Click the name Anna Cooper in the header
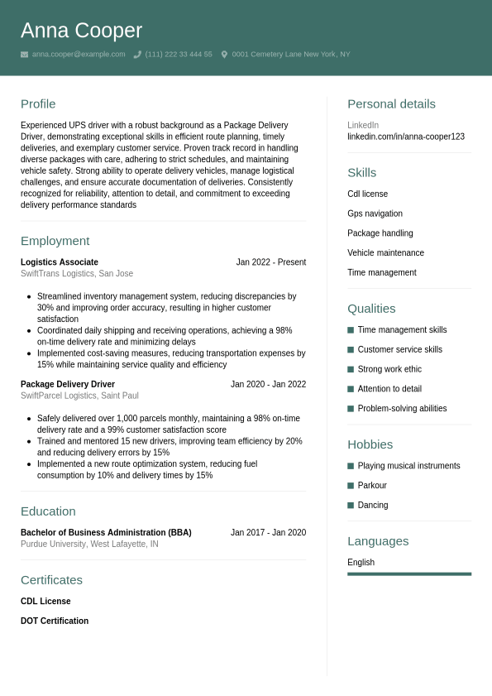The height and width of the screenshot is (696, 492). (x=81, y=31)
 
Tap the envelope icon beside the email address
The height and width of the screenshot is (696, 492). (x=24, y=55)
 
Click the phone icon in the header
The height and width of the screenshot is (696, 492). (x=137, y=55)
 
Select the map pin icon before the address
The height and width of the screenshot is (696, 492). (x=224, y=55)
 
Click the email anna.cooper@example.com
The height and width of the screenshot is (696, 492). (x=79, y=55)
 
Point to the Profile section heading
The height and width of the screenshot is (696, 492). (x=38, y=103)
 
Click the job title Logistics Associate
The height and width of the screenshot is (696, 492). (x=60, y=262)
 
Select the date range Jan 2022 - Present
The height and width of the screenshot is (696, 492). (x=270, y=262)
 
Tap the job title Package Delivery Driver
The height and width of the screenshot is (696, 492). (x=68, y=384)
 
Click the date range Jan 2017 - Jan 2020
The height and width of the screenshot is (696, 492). (x=268, y=533)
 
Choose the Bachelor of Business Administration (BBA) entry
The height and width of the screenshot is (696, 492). (x=106, y=533)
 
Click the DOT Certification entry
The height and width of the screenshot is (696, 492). (x=55, y=621)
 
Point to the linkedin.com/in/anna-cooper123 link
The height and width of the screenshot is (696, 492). (x=406, y=137)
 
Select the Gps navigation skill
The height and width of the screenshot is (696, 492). (x=375, y=214)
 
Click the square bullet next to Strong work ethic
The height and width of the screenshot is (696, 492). (x=351, y=369)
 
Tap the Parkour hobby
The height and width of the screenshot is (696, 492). (x=372, y=486)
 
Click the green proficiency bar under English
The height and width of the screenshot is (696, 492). (x=409, y=574)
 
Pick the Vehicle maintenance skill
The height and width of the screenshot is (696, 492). (x=385, y=253)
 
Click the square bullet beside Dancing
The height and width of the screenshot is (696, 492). (x=351, y=505)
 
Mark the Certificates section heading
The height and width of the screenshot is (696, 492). (x=51, y=579)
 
